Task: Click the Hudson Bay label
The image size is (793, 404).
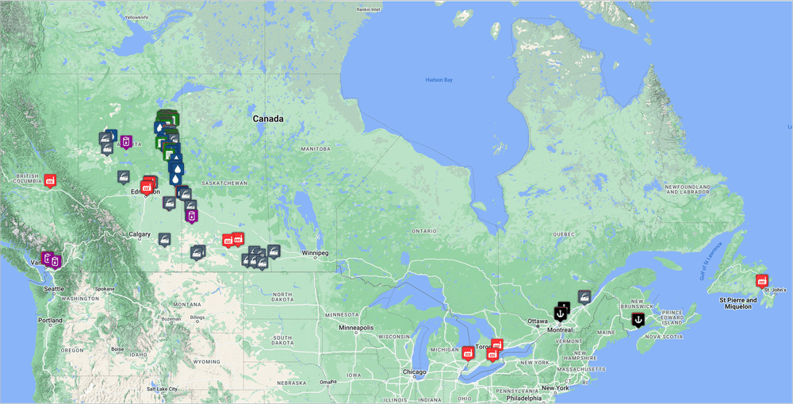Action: (x=439, y=79)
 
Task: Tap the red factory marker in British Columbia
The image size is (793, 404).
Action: (x=50, y=180)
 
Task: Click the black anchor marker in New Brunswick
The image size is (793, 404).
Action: (x=638, y=319)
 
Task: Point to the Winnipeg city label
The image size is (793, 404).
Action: (x=314, y=253)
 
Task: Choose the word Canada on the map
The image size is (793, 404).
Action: (x=268, y=119)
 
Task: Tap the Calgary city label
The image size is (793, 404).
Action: (x=140, y=234)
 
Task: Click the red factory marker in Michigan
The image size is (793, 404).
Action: (x=468, y=352)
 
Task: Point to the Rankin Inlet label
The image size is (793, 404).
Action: (x=369, y=10)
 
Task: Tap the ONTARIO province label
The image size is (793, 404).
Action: (x=423, y=231)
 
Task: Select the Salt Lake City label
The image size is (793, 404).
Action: (x=162, y=389)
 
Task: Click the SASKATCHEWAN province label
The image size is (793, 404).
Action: (x=225, y=183)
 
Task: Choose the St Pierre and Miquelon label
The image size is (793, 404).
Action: (x=736, y=303)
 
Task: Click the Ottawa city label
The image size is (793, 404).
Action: (x=537, y=321)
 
